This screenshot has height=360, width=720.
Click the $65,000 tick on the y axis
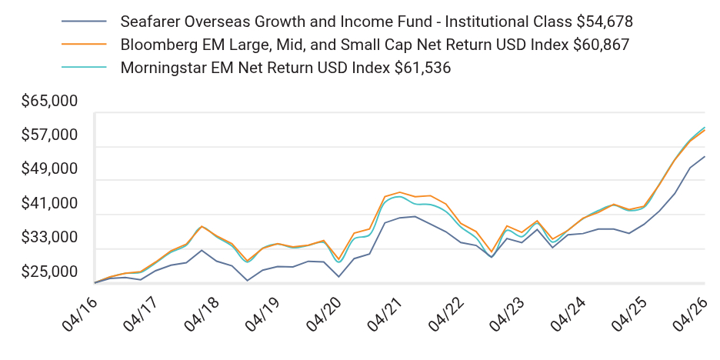point(49,101)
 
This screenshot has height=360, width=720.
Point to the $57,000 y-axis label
point(49,135)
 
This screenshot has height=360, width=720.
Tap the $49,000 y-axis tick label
point(49,169)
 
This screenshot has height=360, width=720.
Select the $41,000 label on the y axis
point(49,203)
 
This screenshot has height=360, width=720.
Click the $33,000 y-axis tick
point(49,238)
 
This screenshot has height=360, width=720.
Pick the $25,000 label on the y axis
point(49,272)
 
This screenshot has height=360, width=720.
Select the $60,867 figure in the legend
point(601,45)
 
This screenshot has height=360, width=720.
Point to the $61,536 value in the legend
point(422,68)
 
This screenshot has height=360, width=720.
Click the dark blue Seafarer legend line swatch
point(84,21)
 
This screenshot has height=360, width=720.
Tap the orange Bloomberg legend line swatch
point(84,44)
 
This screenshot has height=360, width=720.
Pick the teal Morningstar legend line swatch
point(84,67)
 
